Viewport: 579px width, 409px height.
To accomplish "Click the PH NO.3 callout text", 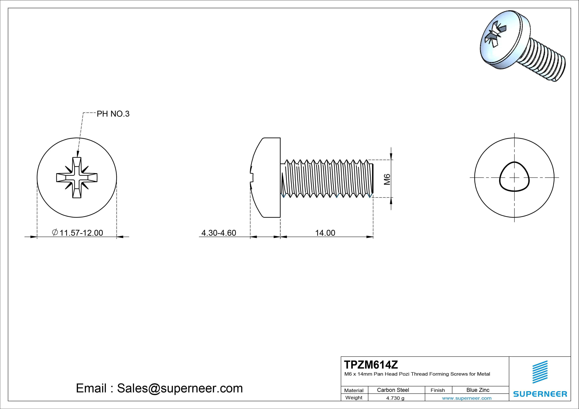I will coord(113,114).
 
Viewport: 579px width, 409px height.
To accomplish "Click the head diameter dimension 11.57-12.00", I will coord(81,233).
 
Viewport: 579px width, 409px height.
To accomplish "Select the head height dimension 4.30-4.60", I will coord(219,233).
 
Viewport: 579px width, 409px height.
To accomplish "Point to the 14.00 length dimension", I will coord(325,233).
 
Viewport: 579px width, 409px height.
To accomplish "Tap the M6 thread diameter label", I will coord(387,179).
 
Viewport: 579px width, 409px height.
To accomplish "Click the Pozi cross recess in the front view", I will coord(77,178).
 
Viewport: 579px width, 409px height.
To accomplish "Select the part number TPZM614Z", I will coord(371,365).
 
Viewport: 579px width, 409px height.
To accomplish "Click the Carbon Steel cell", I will coord(393,390).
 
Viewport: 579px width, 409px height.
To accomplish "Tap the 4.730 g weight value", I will coord(395,398).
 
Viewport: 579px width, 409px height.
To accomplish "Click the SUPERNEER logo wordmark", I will coord(540,394).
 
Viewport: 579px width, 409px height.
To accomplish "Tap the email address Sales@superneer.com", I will coord(180,388).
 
